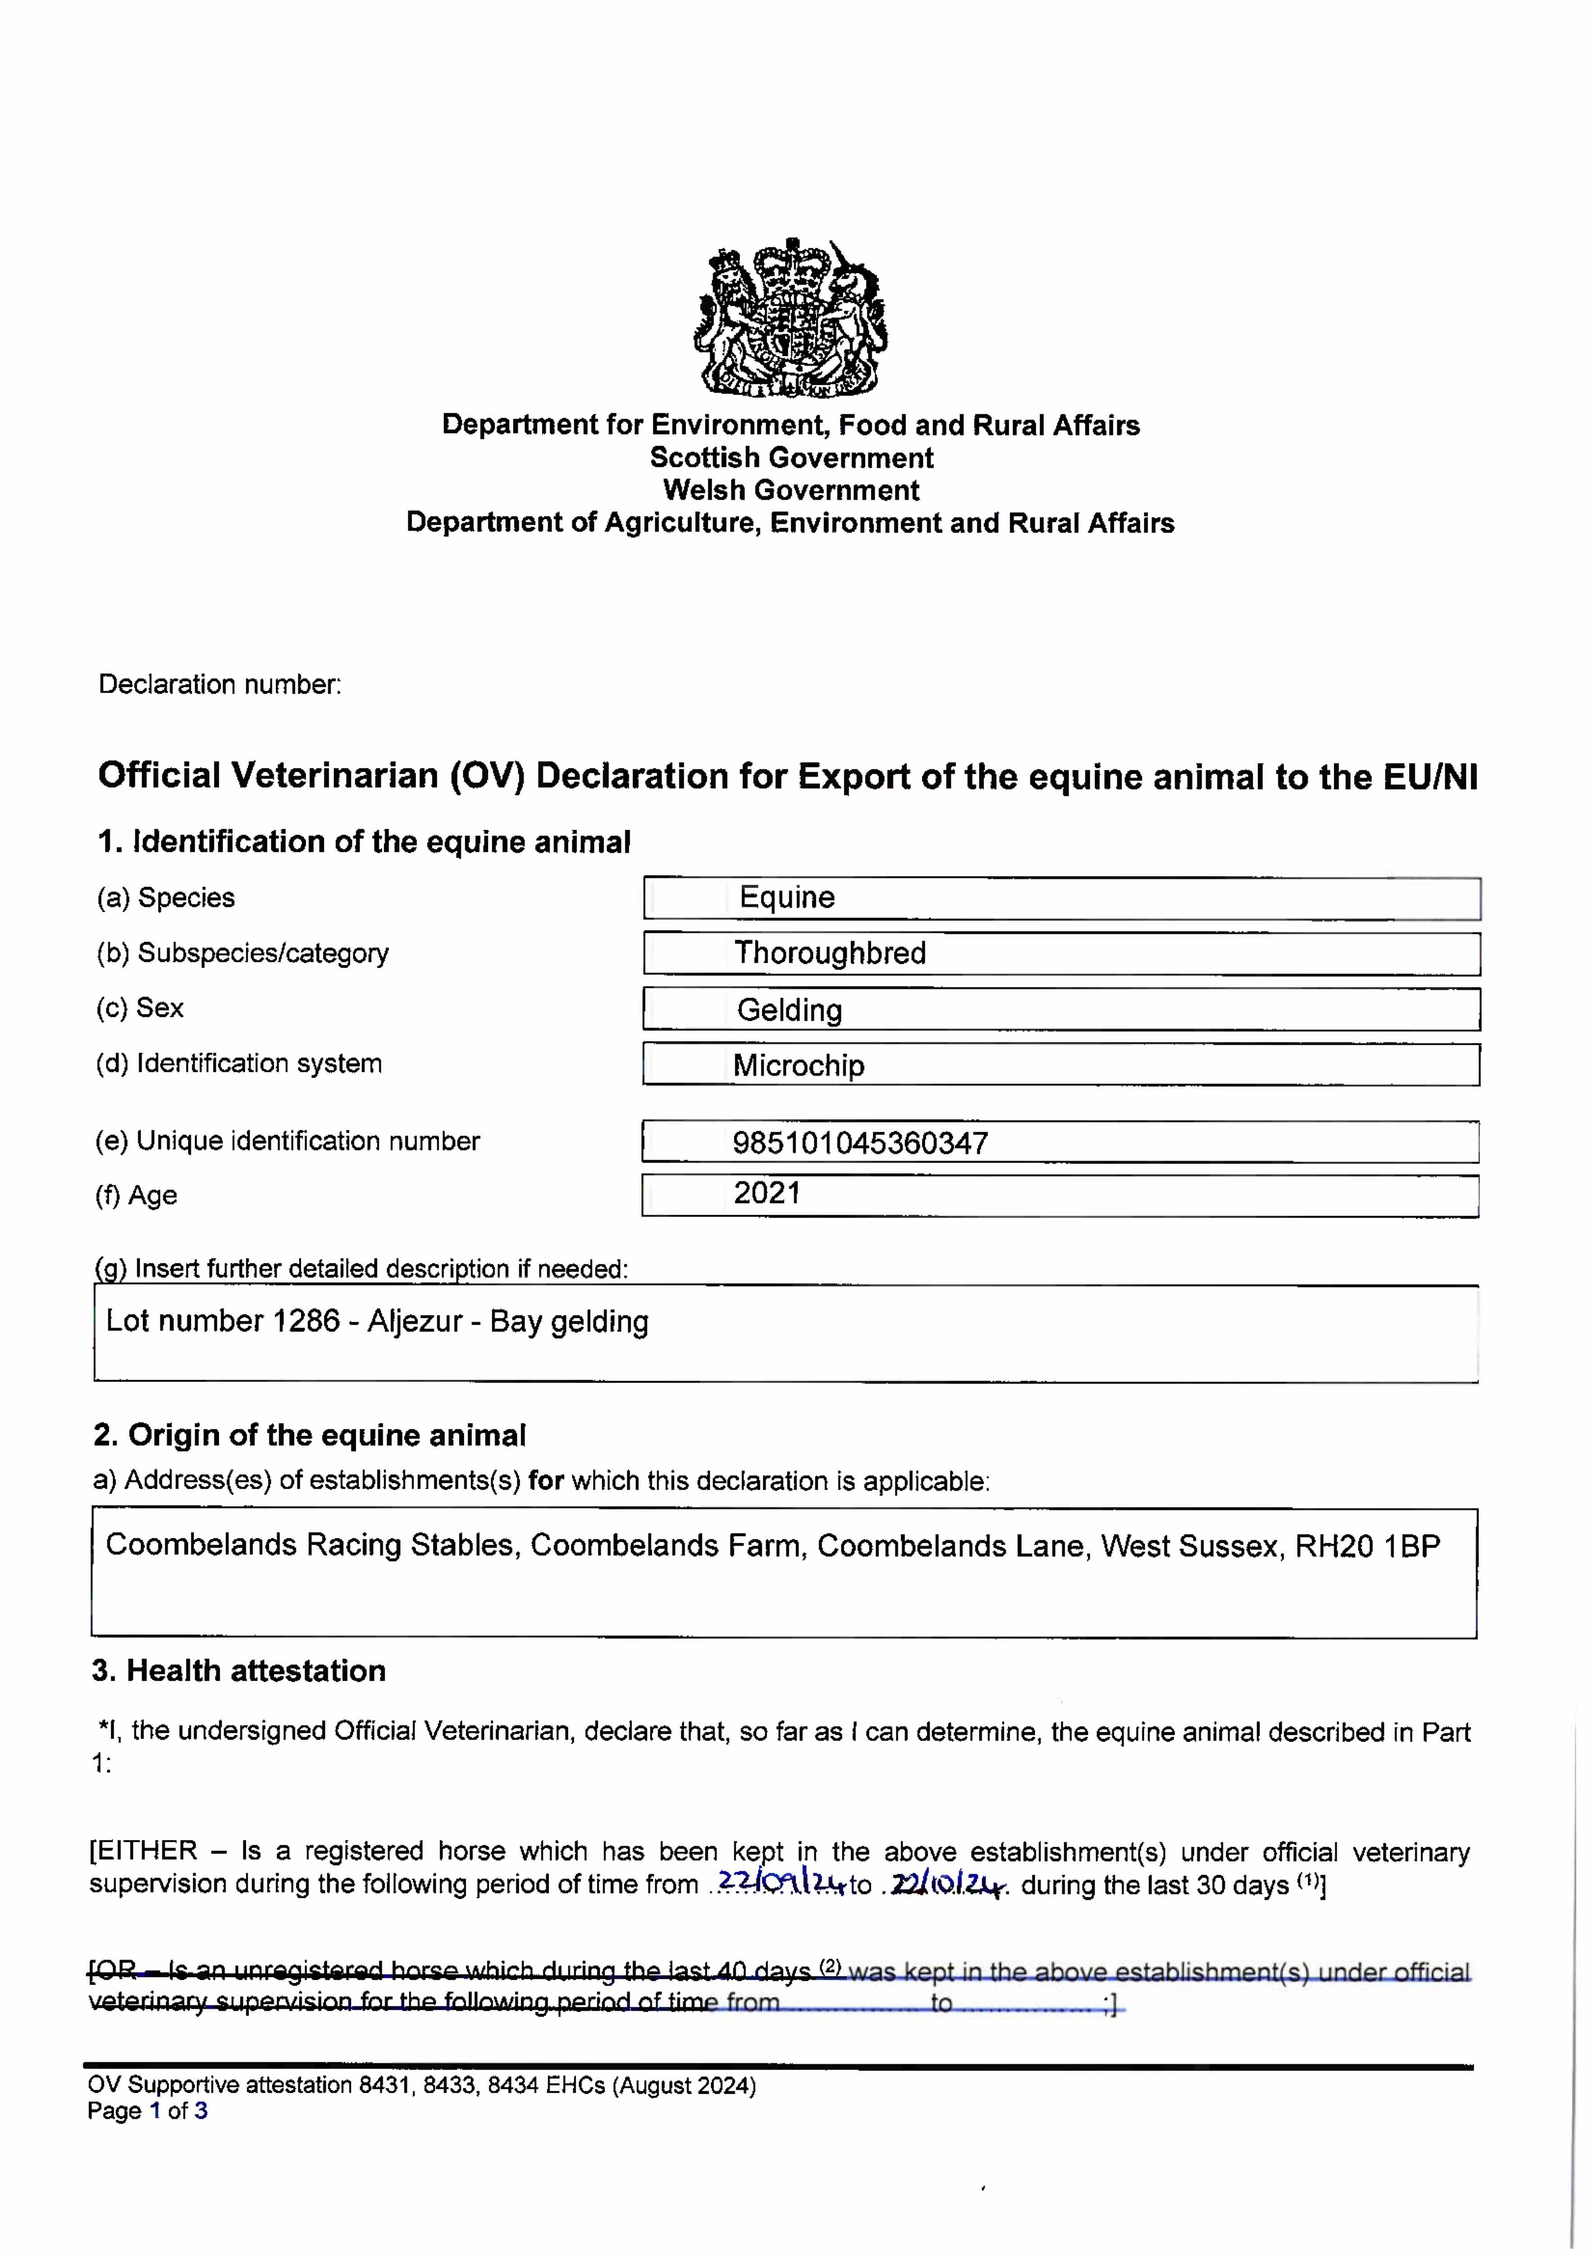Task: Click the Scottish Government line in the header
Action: pyautogui.click(x=791, y=458)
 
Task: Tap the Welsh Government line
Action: pyautogui.click(x=791, y=490)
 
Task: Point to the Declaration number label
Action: pyautogui.click(x=220, y=684)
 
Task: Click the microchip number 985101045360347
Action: pyautogui.click(x=860, y=1143)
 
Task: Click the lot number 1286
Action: pyautogui.click(x=306, y=1321)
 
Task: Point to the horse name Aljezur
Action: pyautogui.click(x=414, y=1321)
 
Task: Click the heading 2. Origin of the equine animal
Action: pyautogui.click(x=309, y=1435)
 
